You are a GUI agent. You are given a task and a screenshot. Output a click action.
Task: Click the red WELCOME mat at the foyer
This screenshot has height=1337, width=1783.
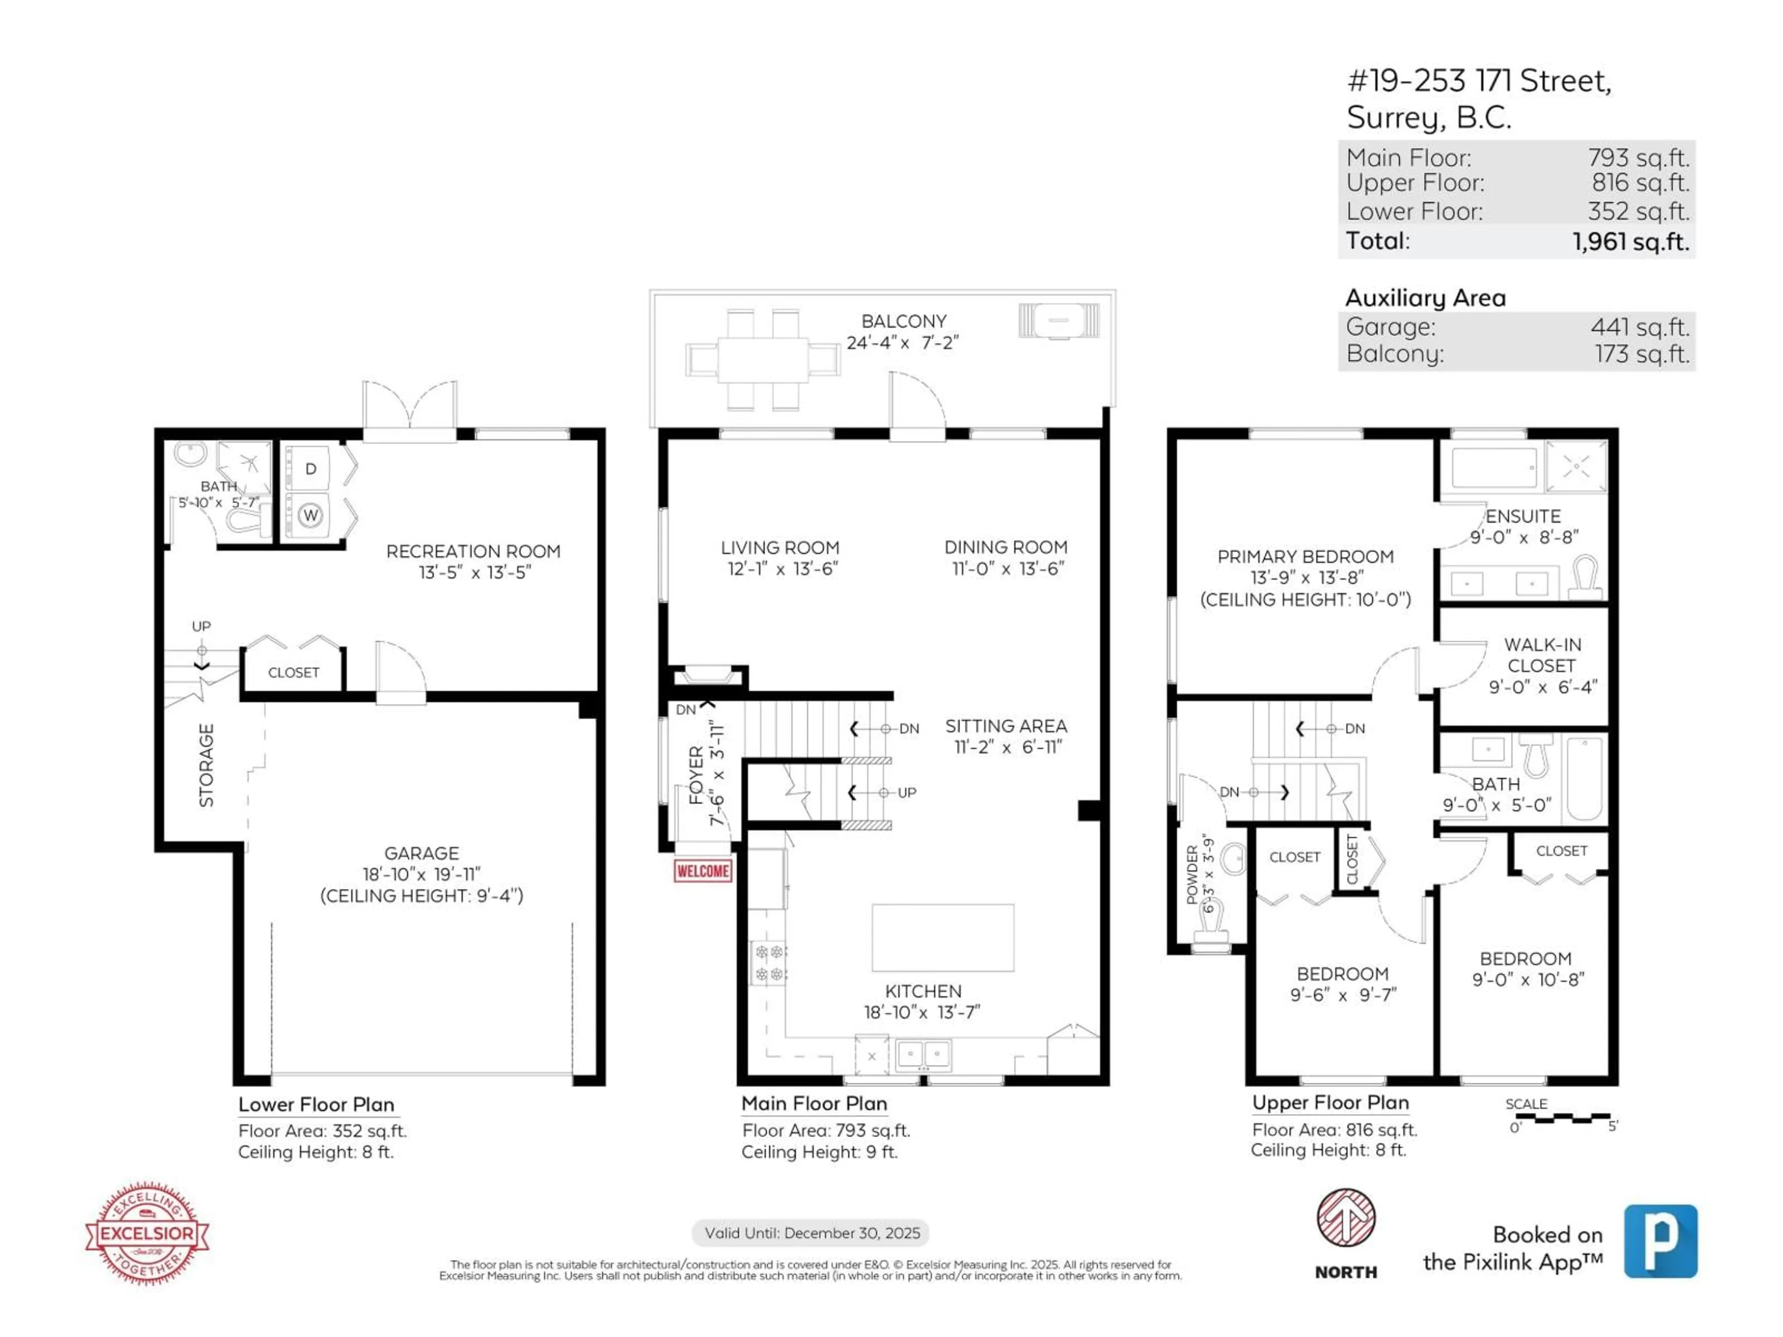[703, 871]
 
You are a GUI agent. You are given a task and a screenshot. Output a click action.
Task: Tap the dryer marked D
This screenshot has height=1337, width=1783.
[310, 468]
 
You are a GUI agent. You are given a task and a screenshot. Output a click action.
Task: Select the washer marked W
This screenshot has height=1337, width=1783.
[310, 515]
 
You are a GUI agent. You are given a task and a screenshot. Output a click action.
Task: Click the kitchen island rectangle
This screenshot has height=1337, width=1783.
[942, 937]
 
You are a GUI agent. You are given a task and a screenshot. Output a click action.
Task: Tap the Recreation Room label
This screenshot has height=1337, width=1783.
[473, 551]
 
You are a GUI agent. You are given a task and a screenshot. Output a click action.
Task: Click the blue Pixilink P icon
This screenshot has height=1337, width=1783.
[1660, 1241]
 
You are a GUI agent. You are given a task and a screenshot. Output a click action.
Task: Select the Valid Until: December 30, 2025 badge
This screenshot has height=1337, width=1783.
[811, 1233]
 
